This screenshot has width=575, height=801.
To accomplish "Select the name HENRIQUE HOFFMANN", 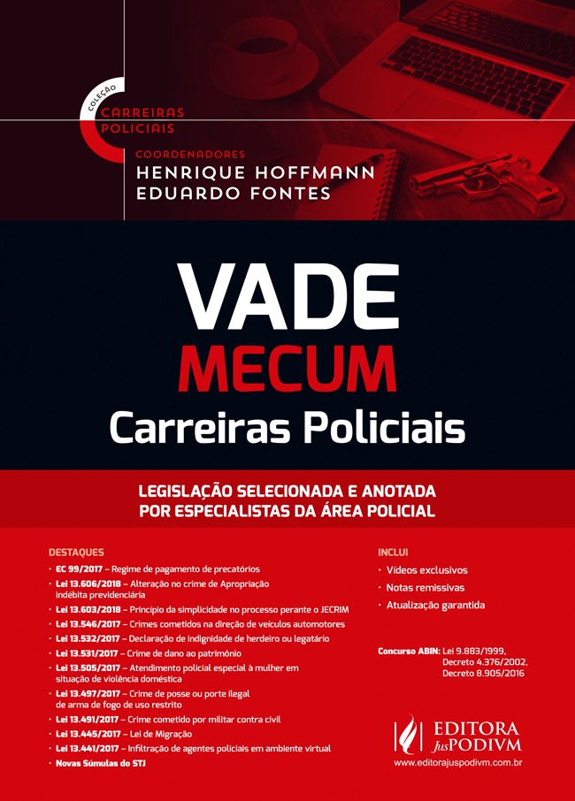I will click(256, 172).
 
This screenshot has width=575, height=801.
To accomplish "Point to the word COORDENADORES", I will click(189, 154).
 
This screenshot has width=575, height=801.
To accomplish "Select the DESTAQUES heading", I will click(76, 552).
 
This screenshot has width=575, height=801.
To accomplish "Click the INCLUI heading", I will click(393, 552).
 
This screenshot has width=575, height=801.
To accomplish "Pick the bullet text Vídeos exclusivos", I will click(427, 570).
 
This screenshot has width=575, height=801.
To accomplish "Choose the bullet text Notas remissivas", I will click(425, 588).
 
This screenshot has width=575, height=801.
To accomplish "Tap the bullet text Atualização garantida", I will click(435, 606).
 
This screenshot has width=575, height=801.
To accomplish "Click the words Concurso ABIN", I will click(409, 651).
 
